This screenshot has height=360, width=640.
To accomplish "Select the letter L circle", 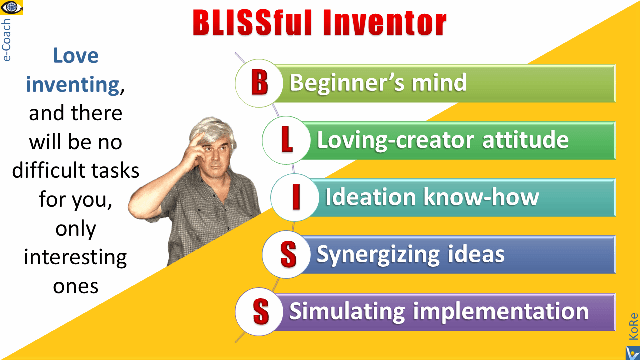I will pos(288,140).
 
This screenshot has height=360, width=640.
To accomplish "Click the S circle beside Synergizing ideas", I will pos(288,255).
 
